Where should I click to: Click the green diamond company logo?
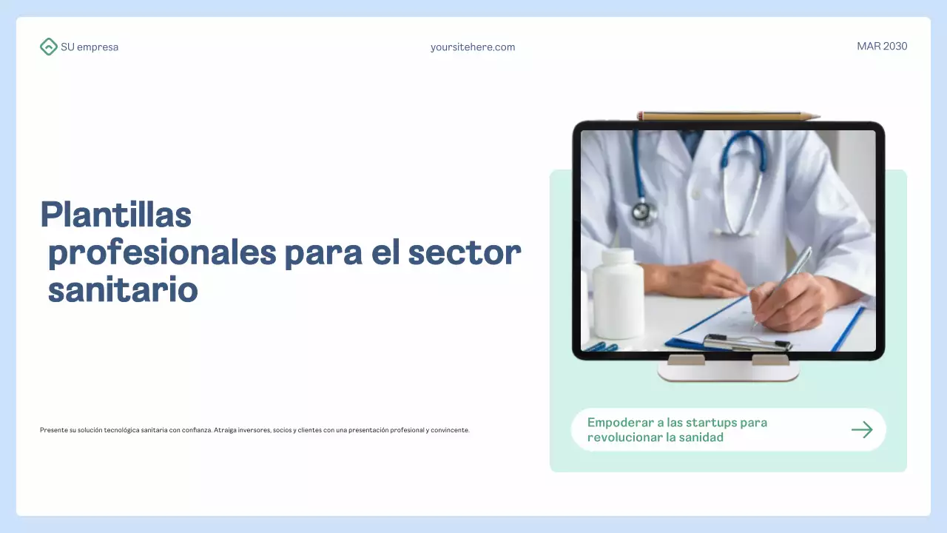(48, 47)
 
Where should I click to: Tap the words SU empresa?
(90, 47)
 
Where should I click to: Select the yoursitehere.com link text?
(473, 47)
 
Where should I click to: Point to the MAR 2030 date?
(882, 46)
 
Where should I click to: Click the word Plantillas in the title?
(116, 215)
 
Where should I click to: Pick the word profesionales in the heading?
(161, 253)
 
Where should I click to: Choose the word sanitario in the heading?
(123, 290)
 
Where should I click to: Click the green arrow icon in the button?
(862, 429)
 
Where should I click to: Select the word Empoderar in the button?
(616, 423)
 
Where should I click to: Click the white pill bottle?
(618, 293)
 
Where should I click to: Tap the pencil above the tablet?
(729, 116)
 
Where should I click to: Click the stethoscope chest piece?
(644, 212)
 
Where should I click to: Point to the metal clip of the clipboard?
(747, 342)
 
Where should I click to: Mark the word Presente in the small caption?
(53, 430)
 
